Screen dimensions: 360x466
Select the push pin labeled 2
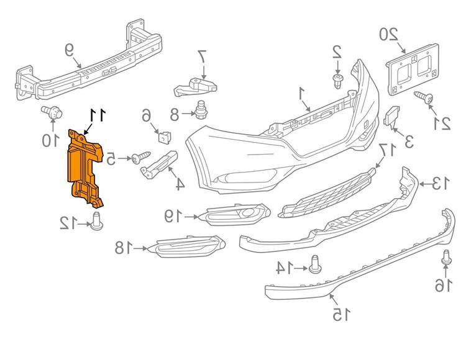coord(338,79)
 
